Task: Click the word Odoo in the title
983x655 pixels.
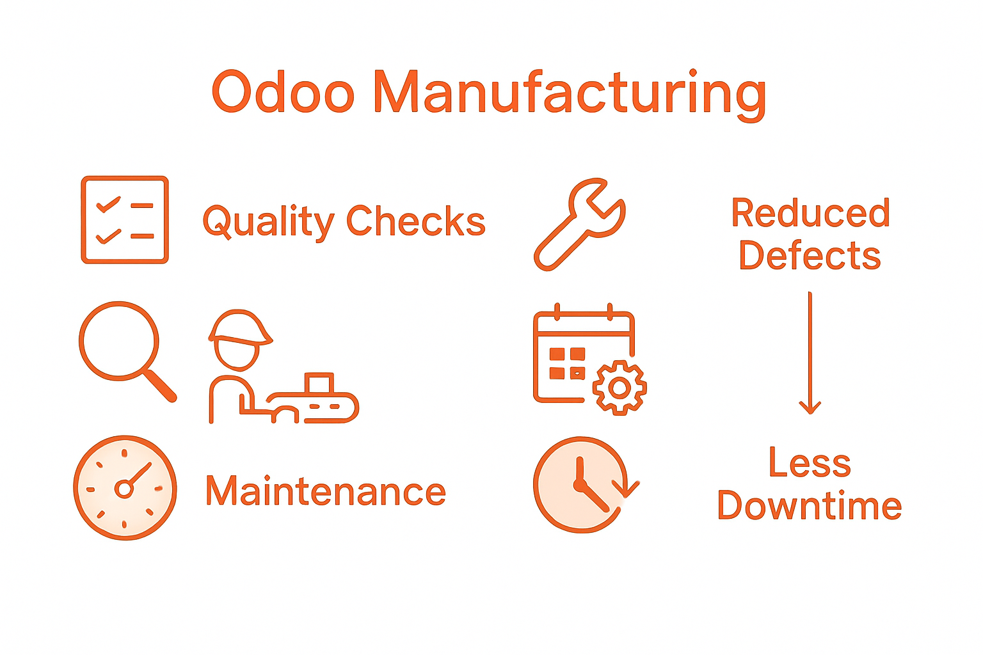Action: point(283,93)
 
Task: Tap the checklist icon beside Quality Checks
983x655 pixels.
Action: point(125,219)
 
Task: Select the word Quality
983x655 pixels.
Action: point(268,222)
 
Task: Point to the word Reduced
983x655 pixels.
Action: point(810,213)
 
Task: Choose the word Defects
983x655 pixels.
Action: point(810,255)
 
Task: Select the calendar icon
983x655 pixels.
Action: point(576,355)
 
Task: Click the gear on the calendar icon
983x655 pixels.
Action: point(619,387)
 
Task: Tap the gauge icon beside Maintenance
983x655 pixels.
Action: point(125,488)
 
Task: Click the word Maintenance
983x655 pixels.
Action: point(325,491)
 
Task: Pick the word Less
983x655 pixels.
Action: point(810,463)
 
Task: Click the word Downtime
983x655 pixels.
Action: point(810,505)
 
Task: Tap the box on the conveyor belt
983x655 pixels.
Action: point(319,383)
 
